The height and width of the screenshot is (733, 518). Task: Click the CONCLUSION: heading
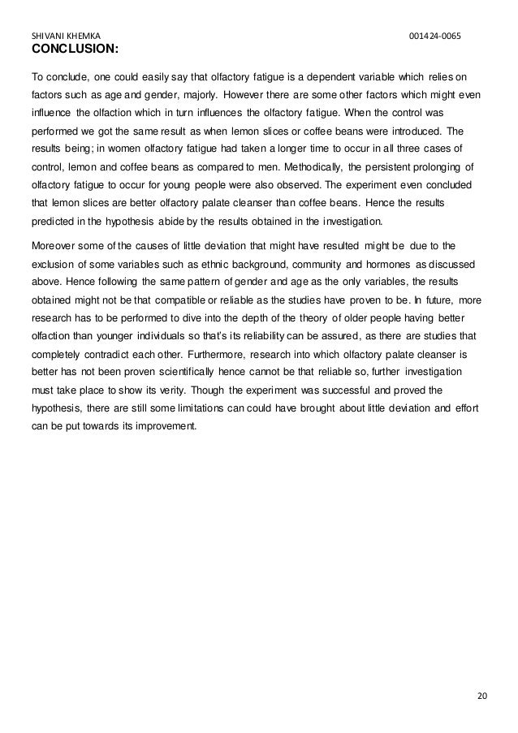(x=75, y=50)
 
